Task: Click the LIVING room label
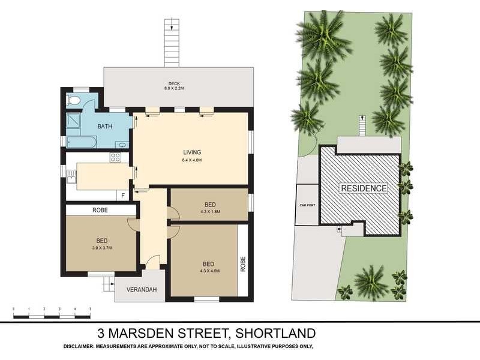[x=192, y=152]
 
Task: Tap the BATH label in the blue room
[x=106, y=127]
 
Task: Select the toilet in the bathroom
[x=74, y=100]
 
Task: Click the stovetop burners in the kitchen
[x=115, y=158]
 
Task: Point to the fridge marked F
[x=124, y=195]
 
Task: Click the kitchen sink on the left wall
[x=71, y=176]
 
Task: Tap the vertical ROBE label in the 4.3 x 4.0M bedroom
[x=244, y=265]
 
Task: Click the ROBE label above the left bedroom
[x=100, y=210]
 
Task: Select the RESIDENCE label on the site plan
[x=364, y=188]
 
